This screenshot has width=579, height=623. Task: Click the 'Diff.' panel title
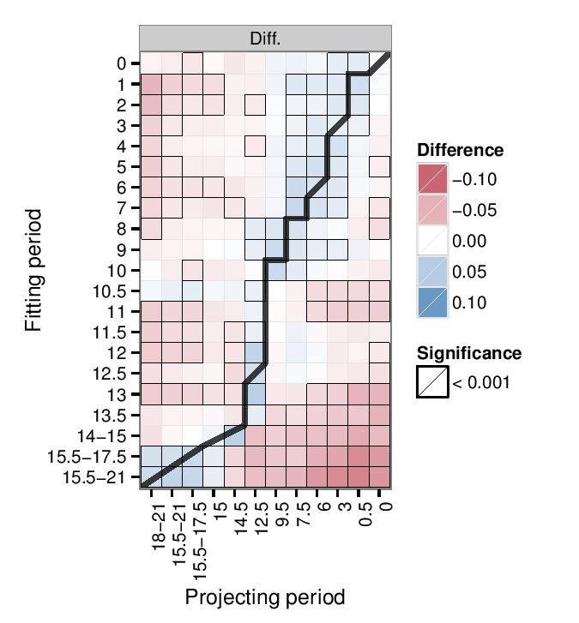click(265, 39)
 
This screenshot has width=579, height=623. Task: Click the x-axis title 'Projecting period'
click(265, 597)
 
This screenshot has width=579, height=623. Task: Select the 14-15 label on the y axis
click(104, 435)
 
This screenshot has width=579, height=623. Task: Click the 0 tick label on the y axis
click(122, 63)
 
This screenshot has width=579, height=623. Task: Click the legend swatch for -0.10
click(433, 180)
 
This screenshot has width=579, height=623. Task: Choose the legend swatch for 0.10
click(433, 303)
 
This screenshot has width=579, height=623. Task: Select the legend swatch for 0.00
click(433, 242)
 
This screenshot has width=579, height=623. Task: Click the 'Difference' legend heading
click(461, 151)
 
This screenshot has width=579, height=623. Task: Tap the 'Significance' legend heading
click(469, 353)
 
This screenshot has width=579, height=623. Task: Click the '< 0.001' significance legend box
click(433, 382)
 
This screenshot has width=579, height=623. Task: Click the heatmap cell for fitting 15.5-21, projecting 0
click(381, 476)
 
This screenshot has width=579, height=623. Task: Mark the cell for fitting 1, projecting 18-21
click(151, 84)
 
